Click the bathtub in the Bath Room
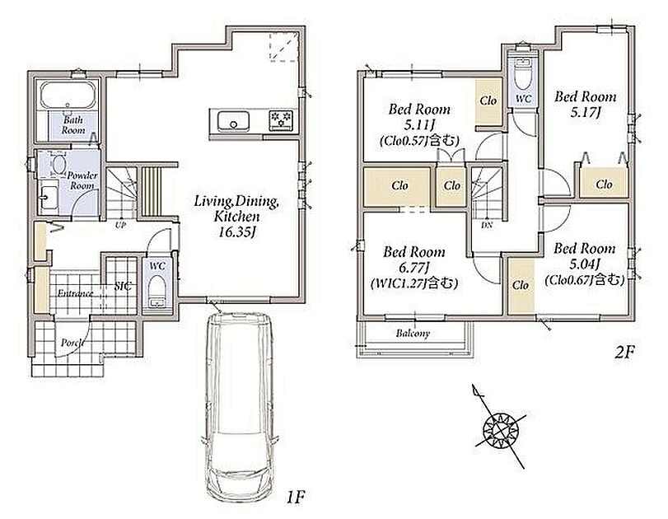click(x=68, y=96)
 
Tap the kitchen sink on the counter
click(x=233, y=121)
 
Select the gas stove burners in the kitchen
click(x=281, y=119)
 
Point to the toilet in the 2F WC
click(x=523, y=73)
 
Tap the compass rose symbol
click(x=501, y=428)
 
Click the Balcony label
click(x=413, y=333)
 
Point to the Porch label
click(x=72, y=343)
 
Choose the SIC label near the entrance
click(x=123, y=287)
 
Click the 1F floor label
click(x=295, y=497)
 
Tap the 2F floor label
click(x=624, y=352)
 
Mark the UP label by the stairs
click(x=120, y=225)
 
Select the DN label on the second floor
click(x=487, y=225)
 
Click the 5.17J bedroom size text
click(x=586, y=113)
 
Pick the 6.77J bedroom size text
click(x=413, y=268)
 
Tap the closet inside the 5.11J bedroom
click(x=488, y=101)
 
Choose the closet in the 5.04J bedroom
click(x=521, y=286)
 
